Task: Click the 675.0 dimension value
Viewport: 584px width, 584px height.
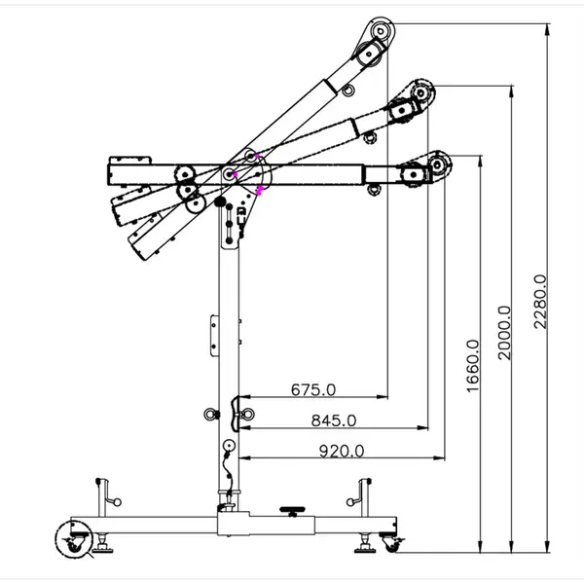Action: pos(313,390)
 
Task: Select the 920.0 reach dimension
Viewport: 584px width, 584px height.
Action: pos(341,451)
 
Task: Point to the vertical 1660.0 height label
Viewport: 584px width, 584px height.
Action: pos(472,365)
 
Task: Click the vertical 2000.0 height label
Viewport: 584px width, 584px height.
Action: pos(504,332)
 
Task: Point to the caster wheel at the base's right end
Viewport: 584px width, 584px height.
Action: pos(393,543)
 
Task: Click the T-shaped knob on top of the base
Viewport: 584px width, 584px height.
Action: pos(289,509)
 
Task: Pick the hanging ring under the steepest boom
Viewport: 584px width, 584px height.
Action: pos(347,91)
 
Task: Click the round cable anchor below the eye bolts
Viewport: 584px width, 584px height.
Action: pos(228,448)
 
